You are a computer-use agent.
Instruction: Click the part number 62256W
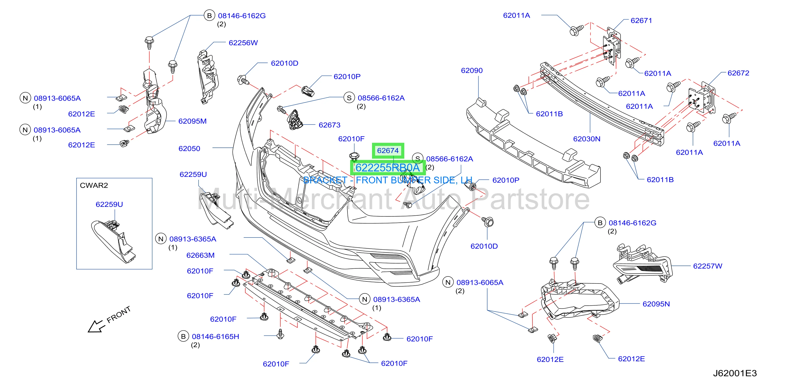click(243, 43)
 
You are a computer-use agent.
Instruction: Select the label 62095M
click(193, 121)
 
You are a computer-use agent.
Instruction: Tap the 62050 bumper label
click(189, 149)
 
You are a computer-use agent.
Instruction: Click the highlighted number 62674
click(388, 150)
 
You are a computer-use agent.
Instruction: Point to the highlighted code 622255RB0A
click(388, 168)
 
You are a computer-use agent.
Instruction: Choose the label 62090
click(472, 70)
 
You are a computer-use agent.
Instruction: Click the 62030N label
click(587, 139)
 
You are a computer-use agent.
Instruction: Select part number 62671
click(641, 21)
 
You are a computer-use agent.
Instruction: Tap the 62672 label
click(739, 73)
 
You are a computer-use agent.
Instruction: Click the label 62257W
click(708, 266)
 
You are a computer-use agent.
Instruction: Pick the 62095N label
click(656, 304)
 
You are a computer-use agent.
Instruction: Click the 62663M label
click(200, 255)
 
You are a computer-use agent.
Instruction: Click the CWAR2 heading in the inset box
click(94, 185)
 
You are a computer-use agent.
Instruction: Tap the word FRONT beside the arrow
click(119, 314)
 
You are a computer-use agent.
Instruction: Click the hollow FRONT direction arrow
click(96, 326)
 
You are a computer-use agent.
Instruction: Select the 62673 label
click(329, 125)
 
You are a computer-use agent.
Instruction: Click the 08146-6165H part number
click(215, 337)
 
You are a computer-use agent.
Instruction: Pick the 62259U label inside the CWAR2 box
click(109, 204)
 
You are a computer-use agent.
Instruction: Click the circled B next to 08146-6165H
click(183, 337)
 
